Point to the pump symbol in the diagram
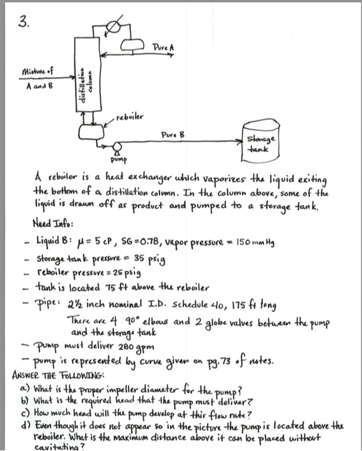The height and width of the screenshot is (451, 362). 116,146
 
